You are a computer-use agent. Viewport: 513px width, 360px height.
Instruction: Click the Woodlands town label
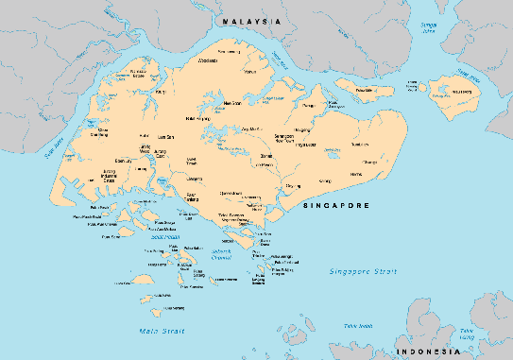pos(207,60)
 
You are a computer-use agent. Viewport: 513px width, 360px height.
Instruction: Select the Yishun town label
pos(250,72)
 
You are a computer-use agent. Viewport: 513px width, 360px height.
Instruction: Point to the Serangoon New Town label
pos(283,139)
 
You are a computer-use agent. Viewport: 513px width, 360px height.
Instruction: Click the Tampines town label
pos(359,145)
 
